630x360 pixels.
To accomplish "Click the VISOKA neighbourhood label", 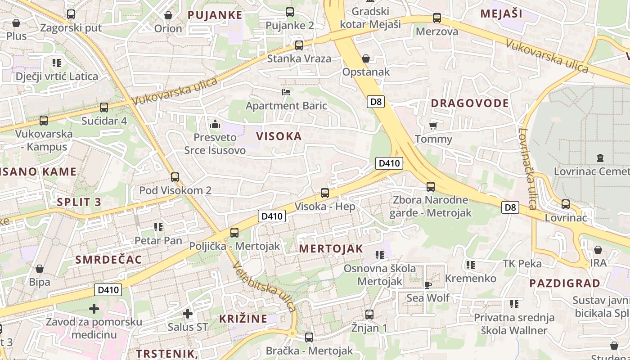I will [279, 136].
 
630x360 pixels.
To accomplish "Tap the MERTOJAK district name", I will [331, 249].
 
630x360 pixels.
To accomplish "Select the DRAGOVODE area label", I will [470, 103].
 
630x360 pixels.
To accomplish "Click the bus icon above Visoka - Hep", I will [325, 193].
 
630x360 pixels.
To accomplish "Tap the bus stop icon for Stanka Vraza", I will [299, 45].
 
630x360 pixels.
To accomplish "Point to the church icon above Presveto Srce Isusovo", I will [215, 124].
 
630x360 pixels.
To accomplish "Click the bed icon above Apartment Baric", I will [286, 92].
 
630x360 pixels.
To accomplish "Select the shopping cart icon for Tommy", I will [433, 126].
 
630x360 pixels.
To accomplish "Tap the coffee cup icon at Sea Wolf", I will [428, 284].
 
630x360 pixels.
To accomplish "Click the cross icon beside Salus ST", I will [188, 313].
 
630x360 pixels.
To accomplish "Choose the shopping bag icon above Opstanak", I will [365, 58].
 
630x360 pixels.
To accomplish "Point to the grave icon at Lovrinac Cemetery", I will [600, 158].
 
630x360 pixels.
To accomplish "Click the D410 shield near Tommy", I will [389, 163].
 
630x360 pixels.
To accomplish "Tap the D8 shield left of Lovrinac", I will [510, 207].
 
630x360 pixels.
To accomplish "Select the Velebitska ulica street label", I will [265, 287].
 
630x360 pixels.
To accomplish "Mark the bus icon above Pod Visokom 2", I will [175, 177].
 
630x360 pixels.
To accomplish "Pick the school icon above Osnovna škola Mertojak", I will [380, 255].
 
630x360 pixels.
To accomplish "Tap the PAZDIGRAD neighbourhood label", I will [565, 283].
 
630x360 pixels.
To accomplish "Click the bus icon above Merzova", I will [437, 18].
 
